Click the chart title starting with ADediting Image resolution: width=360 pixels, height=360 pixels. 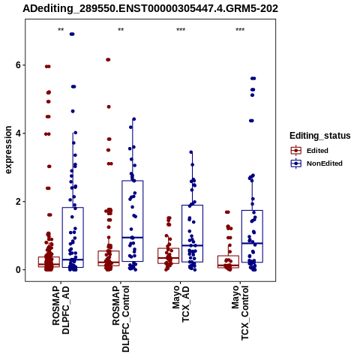(150, 8)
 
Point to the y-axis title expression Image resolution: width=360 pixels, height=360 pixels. (8, 150)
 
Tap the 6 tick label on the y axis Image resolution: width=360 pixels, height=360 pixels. (18, 65)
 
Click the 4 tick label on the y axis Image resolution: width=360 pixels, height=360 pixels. (18, 133)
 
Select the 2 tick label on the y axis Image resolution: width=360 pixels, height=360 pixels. (18, 202)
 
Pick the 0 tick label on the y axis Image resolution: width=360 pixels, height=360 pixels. (18, 270)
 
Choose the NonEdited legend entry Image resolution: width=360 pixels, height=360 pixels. (316, 163)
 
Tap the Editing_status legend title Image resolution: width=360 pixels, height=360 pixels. (320, 136)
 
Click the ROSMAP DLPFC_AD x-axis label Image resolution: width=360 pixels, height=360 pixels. (61, 310)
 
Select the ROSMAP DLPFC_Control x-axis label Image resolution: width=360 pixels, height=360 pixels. (121, 319)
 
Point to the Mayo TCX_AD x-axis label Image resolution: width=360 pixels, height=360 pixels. (181, 304)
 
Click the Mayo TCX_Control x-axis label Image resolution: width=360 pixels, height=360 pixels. (240, 313)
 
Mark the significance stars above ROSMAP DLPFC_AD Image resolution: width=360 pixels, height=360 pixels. (61, 30)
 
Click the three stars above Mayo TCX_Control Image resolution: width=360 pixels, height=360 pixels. (240, 30)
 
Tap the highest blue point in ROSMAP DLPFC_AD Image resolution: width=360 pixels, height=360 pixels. (72, 34)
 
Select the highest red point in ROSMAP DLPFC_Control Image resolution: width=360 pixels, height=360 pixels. (108, 59)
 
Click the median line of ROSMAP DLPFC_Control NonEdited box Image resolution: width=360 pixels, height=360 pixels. (133, 237)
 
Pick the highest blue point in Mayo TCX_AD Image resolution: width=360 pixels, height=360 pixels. (191, 152)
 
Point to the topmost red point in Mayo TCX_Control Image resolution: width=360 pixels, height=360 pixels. (227, 212)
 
